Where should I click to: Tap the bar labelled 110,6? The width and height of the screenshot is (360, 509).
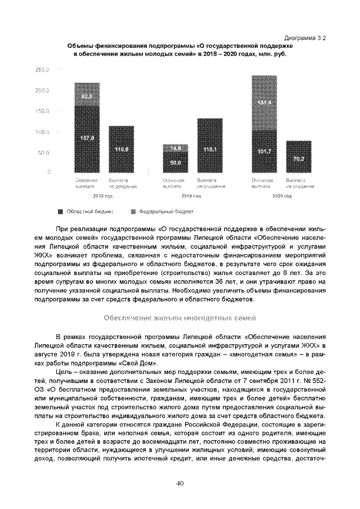point(121,149)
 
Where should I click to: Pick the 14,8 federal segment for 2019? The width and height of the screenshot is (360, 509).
point(175,148)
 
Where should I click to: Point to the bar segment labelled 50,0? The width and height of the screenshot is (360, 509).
point(175,163)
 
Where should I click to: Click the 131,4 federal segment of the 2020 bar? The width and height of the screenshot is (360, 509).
point(264,103)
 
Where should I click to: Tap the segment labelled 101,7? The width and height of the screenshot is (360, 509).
point(264,151)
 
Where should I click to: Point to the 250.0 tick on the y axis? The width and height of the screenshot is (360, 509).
point(43,70)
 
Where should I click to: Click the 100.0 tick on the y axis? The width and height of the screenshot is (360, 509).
point(43,132)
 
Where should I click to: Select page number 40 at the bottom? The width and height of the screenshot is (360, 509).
point(180,483)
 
